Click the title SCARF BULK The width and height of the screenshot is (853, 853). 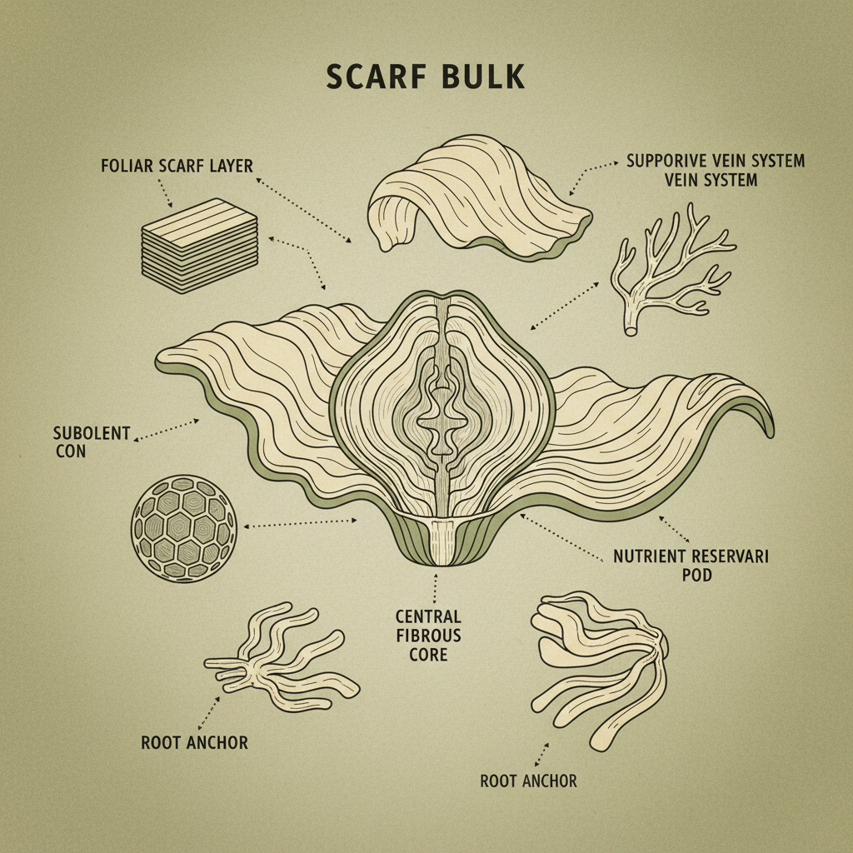pos(426,76)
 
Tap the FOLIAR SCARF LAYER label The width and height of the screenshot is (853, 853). pos(177,165)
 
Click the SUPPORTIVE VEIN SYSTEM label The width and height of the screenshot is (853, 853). pos(715,169)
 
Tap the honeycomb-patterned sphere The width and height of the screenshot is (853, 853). pos(184,528)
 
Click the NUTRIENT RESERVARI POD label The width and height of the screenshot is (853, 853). pos(691,565)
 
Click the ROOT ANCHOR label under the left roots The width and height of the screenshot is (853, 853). pos(194,741)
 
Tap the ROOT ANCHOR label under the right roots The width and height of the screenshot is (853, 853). pos(528,781)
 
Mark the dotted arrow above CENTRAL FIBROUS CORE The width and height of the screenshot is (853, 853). pos(435,588)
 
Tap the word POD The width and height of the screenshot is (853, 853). pos(696,575)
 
